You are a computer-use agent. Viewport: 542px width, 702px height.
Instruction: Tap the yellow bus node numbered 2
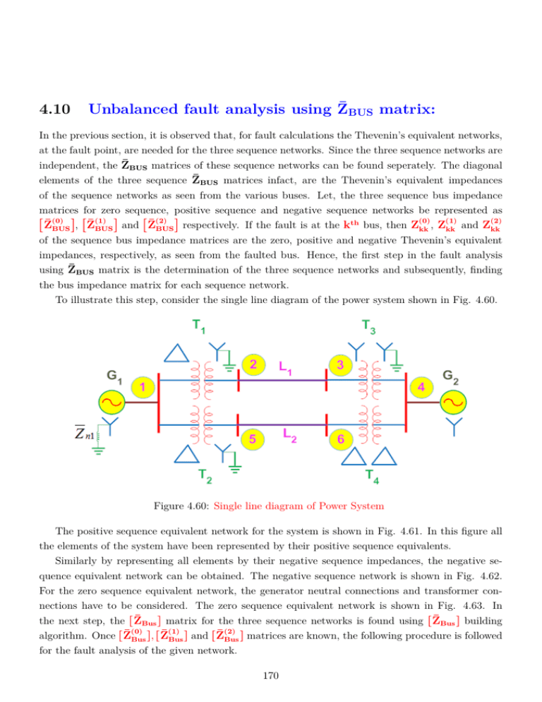252,364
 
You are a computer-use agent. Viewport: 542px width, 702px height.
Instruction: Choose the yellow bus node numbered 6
340,439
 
